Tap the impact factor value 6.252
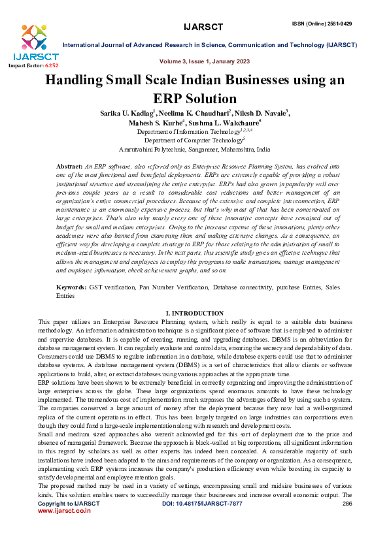point(51,66)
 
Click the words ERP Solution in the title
point(194,99)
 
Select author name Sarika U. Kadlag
point(126,112)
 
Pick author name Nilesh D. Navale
point(257,112)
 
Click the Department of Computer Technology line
point(194,140)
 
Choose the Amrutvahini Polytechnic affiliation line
point(194,149)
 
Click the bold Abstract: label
point(70,168)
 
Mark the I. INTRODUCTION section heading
point(195,314)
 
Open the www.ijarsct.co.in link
point(64,530)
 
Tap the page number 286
point(347,523)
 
